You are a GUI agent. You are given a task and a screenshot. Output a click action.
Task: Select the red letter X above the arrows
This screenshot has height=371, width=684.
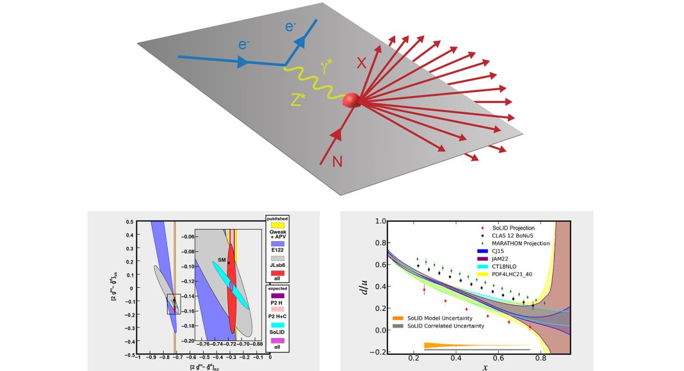tap(361, 62)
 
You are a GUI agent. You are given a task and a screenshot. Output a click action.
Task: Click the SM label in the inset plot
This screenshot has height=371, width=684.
tap(221, 260)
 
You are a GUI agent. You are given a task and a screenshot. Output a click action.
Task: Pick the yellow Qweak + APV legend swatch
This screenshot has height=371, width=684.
tap(278, 225)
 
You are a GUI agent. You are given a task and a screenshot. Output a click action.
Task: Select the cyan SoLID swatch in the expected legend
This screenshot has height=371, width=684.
tap(278, 325)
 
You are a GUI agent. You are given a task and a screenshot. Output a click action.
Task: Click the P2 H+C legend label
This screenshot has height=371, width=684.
tap(278, 316)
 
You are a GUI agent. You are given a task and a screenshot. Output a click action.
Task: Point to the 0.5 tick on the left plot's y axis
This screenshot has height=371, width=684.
tap(130, 222)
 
